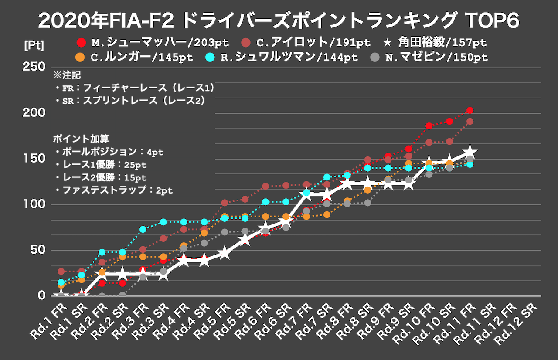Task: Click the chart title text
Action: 279,20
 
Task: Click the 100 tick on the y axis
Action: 35,204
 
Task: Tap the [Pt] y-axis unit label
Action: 34,45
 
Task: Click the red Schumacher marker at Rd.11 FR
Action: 470,110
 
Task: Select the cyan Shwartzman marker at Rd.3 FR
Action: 143,229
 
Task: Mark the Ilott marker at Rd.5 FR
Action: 225,203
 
